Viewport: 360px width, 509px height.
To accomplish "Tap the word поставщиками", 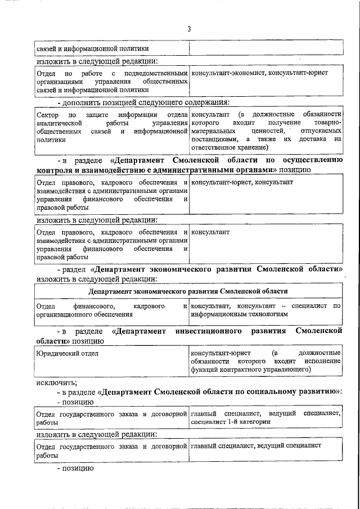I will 213,138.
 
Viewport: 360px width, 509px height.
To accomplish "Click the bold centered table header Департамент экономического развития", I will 188,291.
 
